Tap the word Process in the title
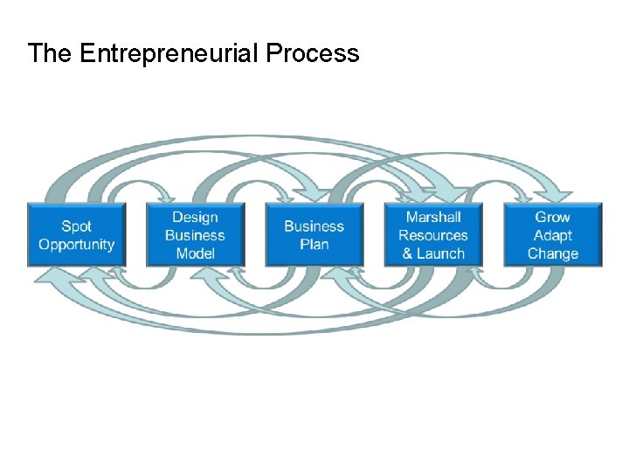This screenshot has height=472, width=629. click(x=312, y=53)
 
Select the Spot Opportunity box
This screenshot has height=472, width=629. click(x=77, y=235)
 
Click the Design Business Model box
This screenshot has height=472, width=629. click(x=195, y=235)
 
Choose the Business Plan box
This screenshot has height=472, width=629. click(x=314, y=235)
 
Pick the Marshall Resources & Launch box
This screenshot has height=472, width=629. click(x=433, y=235)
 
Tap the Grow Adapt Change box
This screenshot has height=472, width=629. click(x=553, y=235)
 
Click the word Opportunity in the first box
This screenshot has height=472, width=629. click(x=77, y=245)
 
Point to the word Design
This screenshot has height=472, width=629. click(x=195, y=217)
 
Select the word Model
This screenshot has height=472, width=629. click(x=195, y=253)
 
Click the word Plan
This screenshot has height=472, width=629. click(x=314, y=245)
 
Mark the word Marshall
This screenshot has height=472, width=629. click(x=433, y=217)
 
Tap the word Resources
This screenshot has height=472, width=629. click(x=433, y=235)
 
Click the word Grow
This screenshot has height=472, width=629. click(x=553, y=217)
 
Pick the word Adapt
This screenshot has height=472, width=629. click(x=553, y=235)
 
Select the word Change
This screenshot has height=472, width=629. click(x=553, y=253)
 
